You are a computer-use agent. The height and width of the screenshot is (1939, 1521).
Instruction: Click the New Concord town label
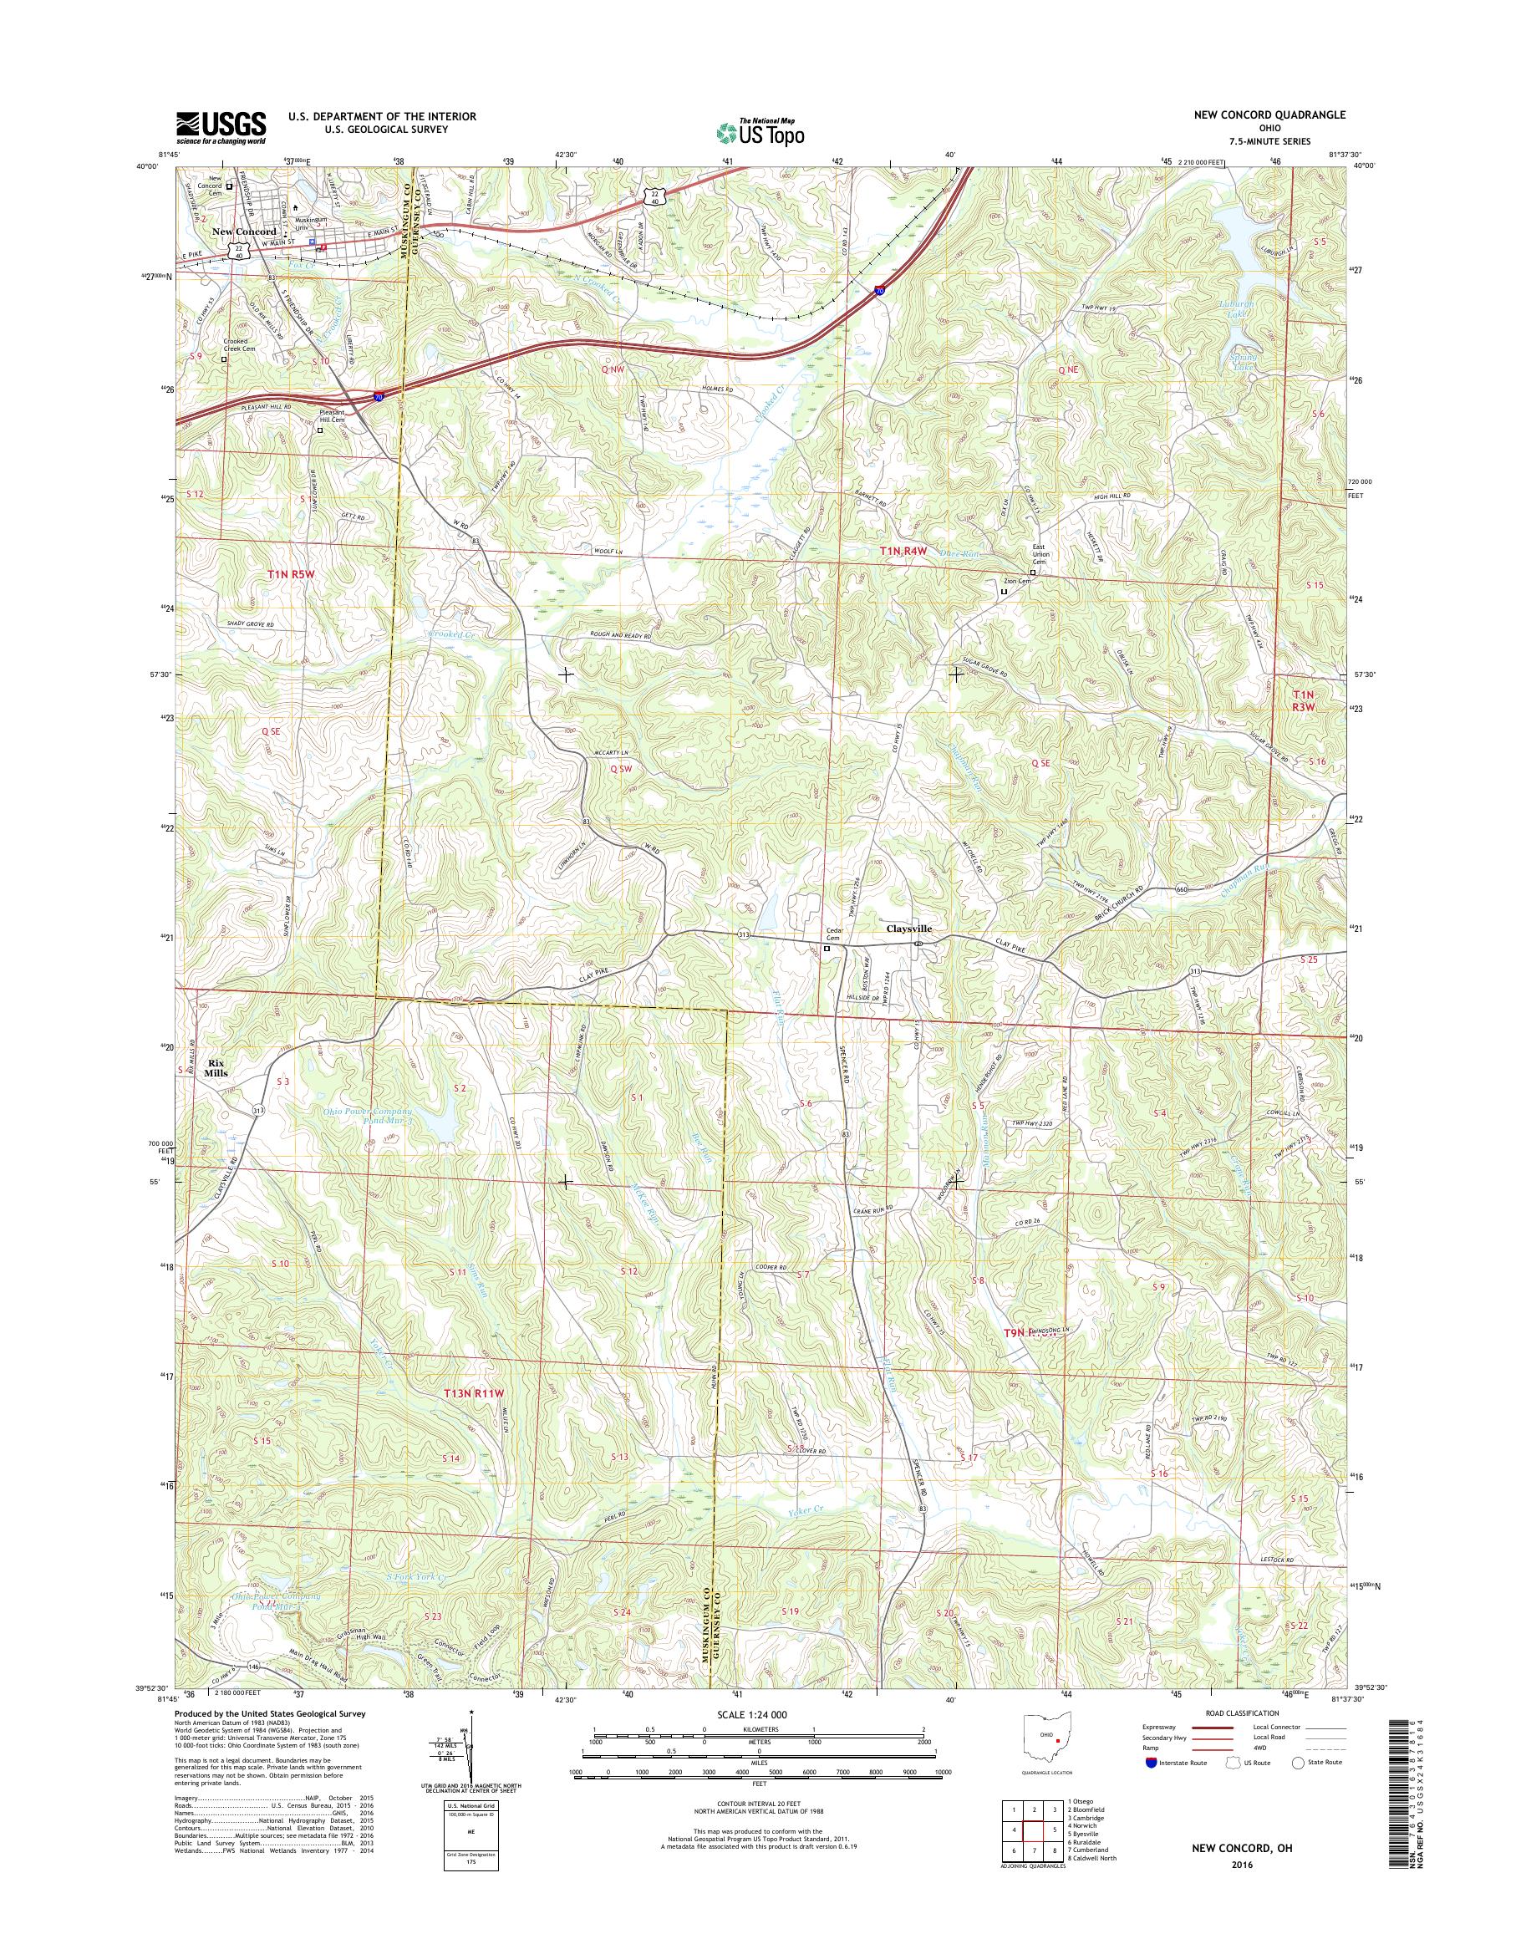(244, 232)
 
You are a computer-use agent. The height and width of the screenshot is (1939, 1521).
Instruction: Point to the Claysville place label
(908, 927)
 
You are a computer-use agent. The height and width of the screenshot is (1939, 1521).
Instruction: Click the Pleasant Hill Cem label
(332, 416)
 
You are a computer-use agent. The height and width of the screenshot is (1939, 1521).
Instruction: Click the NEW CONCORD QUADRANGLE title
(1281, 115)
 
